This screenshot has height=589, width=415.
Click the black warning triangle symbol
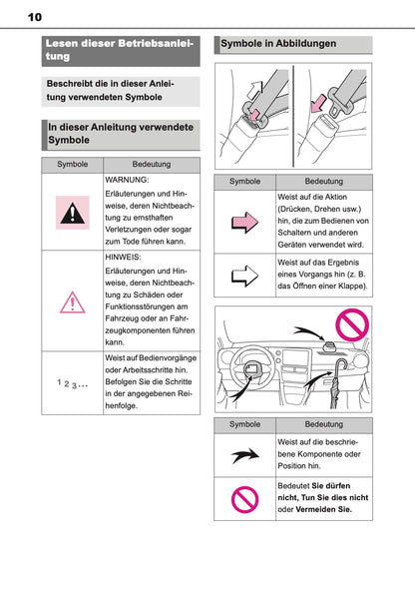click(x=72, y=211)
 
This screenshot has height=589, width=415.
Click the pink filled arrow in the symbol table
click(x=244, y=223)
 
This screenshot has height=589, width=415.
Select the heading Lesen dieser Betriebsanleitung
click(x=121, y=50)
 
